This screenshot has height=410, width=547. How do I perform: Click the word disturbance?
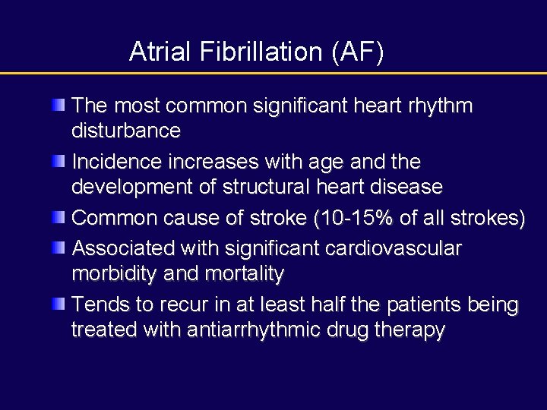125,130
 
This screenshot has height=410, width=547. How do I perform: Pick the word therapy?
409,330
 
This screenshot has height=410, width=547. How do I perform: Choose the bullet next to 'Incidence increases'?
58,161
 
